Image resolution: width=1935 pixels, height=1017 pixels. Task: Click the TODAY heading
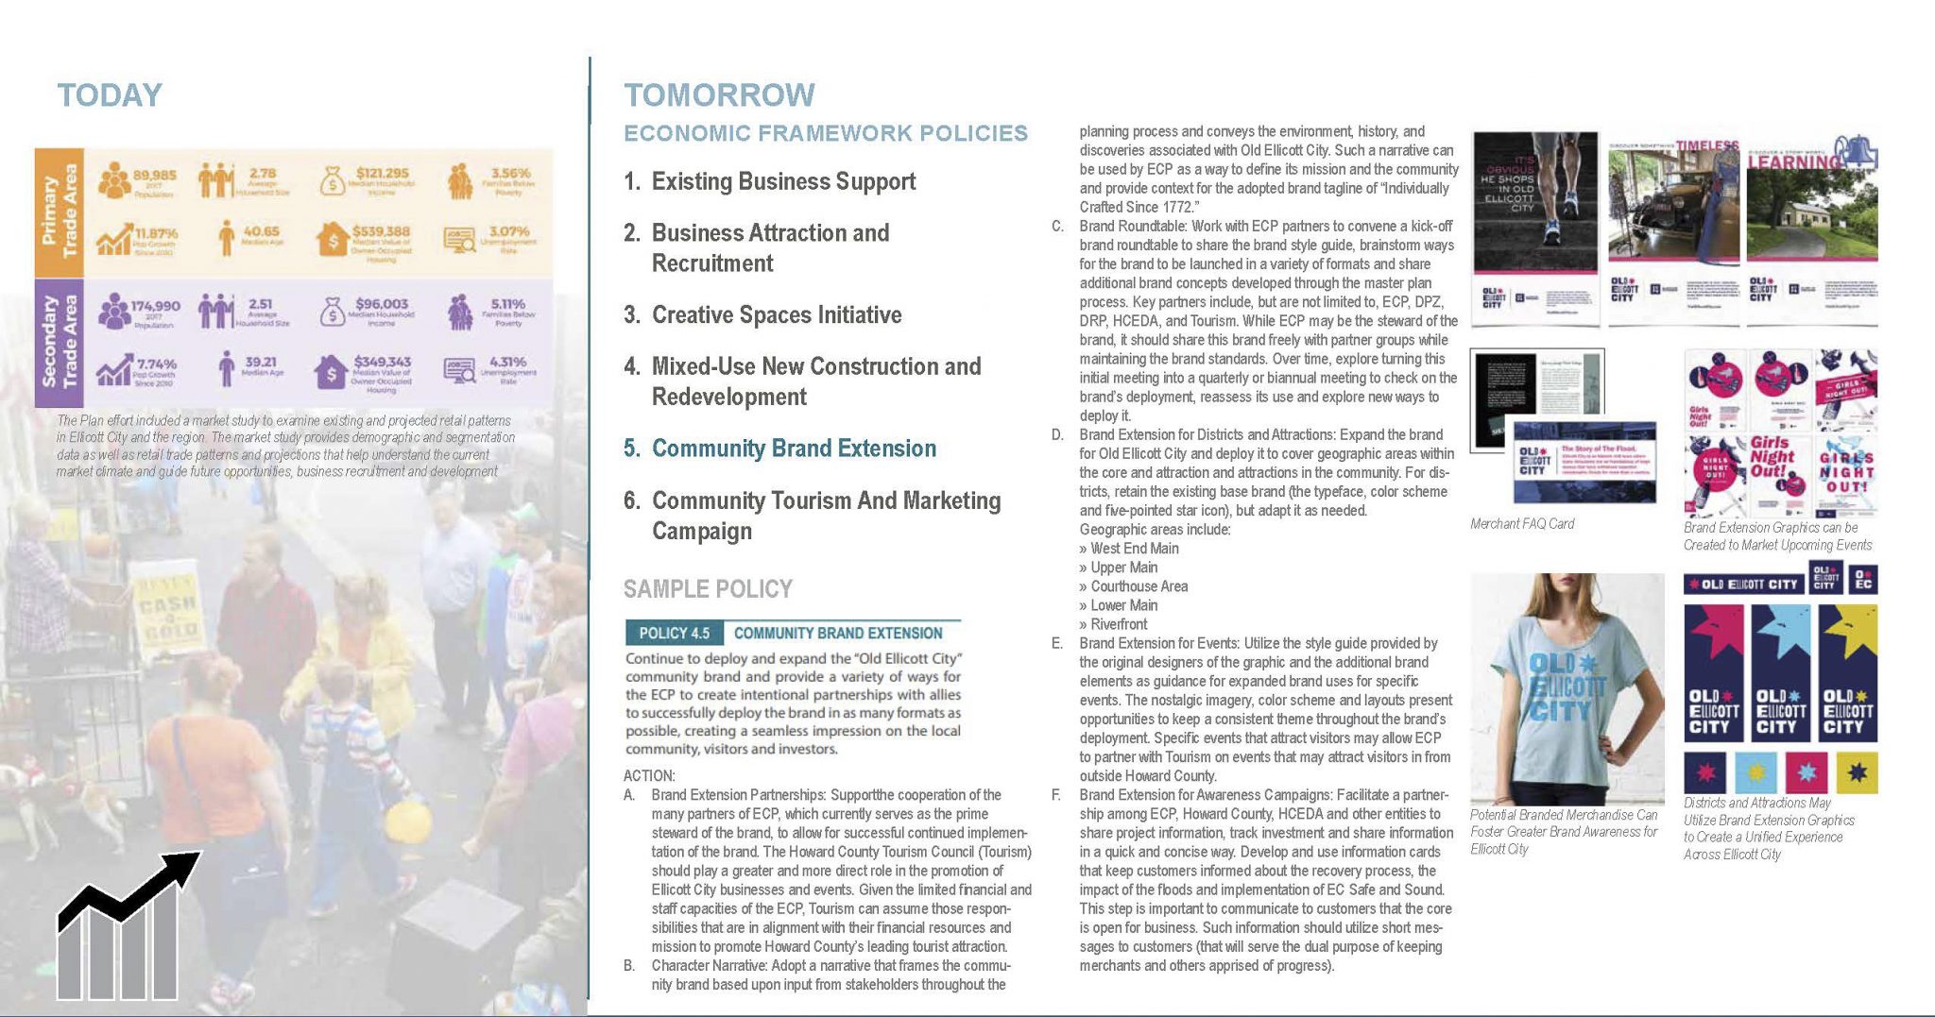[x=110, y=95]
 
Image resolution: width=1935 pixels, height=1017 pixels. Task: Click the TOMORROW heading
[x=719, y=95]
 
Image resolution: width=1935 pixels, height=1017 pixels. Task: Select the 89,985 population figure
[x=154, y=175]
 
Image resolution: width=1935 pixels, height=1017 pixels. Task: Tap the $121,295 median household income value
[x=382, y=173]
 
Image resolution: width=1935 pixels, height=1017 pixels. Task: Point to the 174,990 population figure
[x=155, y=306]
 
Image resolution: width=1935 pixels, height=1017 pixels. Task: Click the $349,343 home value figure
[x=382, y=362]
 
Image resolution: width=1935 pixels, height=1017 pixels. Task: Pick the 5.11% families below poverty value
[x=507, y=304]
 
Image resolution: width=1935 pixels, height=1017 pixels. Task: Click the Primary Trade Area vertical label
[x=59, y=212]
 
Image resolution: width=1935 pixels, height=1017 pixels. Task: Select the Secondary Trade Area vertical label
[x=59, y=342]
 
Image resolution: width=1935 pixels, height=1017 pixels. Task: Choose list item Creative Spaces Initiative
[x=776, y=314]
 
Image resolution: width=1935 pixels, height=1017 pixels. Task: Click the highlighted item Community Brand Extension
[x=794, y=449]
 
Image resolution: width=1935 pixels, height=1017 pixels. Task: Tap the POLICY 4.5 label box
[x=674, y=633]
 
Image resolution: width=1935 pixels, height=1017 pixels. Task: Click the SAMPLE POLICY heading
[x=708, y=589]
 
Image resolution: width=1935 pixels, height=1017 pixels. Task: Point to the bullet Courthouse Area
[x=1139, y=586]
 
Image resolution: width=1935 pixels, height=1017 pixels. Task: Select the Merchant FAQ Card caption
[x=1522, y=524]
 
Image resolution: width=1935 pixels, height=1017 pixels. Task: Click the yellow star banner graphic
[x=1847, y=672]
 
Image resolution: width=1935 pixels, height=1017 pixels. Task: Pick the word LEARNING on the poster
[x=1793, y=162]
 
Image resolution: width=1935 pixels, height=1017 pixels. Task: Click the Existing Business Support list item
[x=783, y=181]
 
